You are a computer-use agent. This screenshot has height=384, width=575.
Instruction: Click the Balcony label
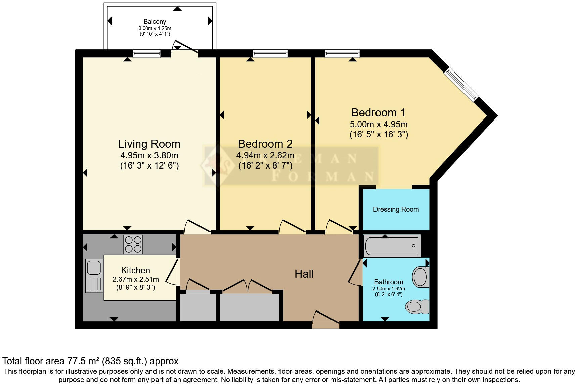(x=155, y=22)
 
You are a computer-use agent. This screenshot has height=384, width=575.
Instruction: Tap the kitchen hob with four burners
(x=133, y=244)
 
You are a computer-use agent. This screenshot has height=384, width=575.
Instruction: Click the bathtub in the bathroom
(x=392, y=246)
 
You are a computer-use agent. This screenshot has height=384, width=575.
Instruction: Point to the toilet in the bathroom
(x=417, y=306)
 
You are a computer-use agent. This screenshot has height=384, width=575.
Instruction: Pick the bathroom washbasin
(x=421, y=277)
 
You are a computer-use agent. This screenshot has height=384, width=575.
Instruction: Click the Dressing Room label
(x=396, y=209)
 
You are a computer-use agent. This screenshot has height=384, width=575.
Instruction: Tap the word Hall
(x=304, y=274)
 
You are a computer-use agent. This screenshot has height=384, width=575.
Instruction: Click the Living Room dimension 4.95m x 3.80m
(x=149, y=155)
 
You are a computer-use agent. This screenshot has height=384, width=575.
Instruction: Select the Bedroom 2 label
(x=265, y=144)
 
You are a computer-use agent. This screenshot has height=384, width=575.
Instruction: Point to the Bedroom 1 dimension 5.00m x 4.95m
(x=379, y=124)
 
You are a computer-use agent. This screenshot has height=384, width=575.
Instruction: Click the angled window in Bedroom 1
(x=460, y=85)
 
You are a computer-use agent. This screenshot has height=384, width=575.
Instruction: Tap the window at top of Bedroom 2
(x=270, y=53)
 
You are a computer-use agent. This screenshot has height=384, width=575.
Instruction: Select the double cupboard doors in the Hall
(x=248, y=286)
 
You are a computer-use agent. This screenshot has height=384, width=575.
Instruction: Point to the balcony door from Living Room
(x=185, y=48)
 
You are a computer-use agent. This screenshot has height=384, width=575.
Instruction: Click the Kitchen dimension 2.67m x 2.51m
(x=136, y=279)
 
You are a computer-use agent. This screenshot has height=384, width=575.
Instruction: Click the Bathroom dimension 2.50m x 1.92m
(x=389, y=289)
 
